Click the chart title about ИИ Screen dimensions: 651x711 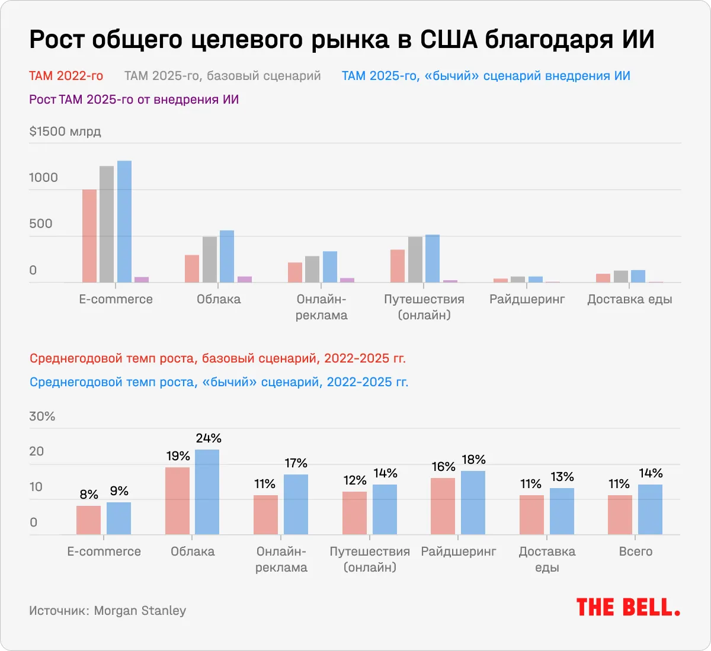pos(342,40)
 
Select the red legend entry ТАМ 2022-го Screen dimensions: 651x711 pos(66,76)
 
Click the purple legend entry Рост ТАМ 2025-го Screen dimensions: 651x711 pos(134,100)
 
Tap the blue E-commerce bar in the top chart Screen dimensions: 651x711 pos(124,222)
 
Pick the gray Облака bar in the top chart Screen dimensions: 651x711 pos(210,259)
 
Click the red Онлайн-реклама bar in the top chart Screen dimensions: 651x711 pos(295,272)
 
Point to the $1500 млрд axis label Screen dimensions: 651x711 pos(65,132)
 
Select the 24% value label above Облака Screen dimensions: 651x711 pos(208,438)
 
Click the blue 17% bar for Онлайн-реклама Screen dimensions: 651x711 pos(296,504)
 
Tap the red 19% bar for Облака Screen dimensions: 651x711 pos(177,501)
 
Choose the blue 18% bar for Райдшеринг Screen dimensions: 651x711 pos(473,502)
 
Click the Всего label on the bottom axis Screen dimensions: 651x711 pos(635,551)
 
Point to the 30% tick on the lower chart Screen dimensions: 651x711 pos(42,416)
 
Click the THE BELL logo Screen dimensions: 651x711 pos(628,608)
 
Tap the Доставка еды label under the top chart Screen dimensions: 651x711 pos(629,299)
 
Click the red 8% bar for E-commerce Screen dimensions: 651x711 pos(88,520)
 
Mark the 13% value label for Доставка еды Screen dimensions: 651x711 pos(562,477)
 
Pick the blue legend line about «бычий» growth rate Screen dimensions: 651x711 pos(219,382)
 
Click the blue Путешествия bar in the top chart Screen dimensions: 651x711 pos(433,258)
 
